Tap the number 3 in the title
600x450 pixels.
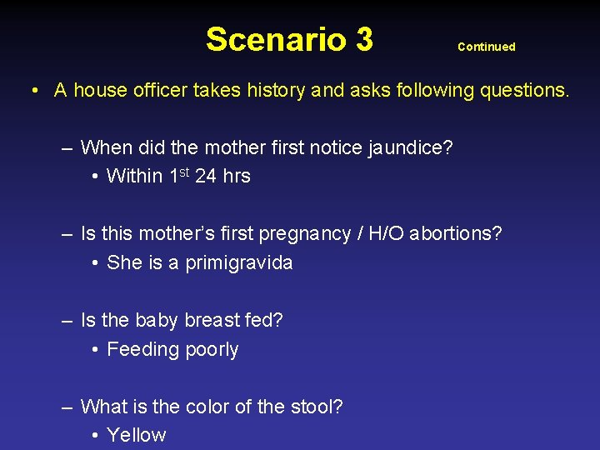[363, 39]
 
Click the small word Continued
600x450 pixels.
[487, 47]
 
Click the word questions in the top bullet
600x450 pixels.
[524, 90]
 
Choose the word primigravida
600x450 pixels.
[239, 262]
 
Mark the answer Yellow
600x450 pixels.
[137, 435]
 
